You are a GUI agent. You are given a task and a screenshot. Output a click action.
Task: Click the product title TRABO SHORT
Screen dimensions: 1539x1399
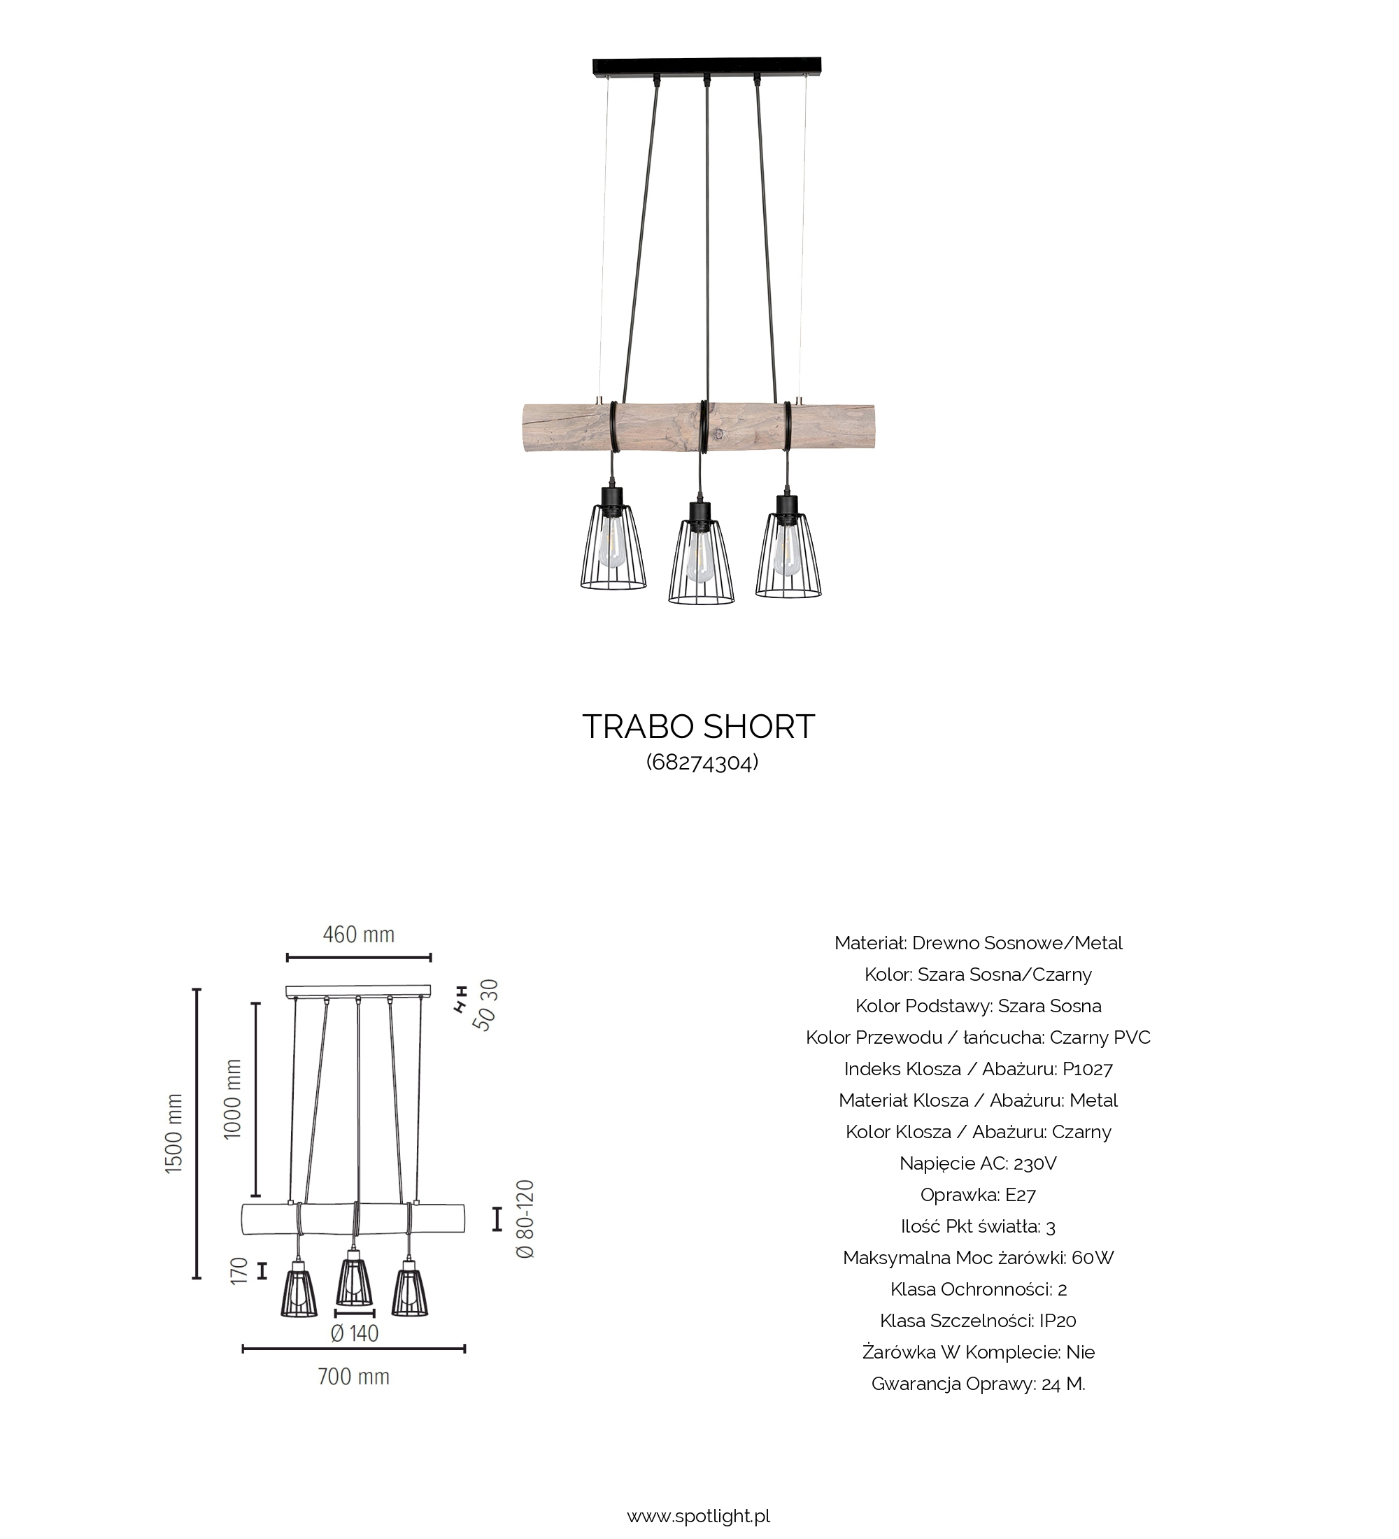click(x=698, y=727)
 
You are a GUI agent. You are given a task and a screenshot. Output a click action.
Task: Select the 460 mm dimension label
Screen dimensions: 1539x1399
click(x=359, y=935)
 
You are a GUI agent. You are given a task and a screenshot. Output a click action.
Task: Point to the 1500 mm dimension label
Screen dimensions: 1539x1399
click(x=175, y=1134)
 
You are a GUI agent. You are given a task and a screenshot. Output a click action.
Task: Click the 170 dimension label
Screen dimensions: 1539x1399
click(x=239, y=1271)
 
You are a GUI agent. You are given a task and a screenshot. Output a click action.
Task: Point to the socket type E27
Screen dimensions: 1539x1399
click(x=1021, y=1194)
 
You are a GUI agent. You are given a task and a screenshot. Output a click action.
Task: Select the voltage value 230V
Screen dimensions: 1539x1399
click(x=1035, y=1163)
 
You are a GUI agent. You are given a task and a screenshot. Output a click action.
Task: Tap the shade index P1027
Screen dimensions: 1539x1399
click(x=1088, y=1069)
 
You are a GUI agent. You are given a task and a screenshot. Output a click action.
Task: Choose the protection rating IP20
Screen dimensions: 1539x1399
click(x=1057, y=1320)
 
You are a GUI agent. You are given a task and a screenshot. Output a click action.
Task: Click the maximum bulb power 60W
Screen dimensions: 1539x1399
click(x=1093, y=1257)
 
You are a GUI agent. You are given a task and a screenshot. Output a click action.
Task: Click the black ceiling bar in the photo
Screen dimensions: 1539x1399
click(x=706, y=66)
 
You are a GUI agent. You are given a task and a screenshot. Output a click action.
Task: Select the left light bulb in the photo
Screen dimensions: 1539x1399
click(x=611, y=543)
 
